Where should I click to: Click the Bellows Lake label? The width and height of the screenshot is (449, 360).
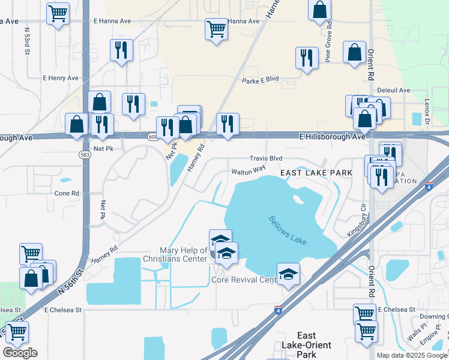pyautogui.click(x=288, y=230)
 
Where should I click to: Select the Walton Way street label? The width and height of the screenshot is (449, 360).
pyautogui.click(x=249, y=170)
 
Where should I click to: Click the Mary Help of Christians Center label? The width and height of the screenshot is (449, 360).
pyautogui.click(x=184, y=254)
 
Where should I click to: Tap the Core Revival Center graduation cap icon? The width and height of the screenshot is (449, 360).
pyautogui.click(x=289, y=275)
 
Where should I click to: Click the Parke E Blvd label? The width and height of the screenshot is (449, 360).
pyautogui.click(x=261, y=79)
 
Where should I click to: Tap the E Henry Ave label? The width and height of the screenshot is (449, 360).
pyautogui.click(x=61, y=78)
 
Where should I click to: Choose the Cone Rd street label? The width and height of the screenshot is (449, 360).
pyautogui.click(x=67, y=193)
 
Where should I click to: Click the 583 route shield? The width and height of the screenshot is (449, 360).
pyautogui.click(x=83, y=154)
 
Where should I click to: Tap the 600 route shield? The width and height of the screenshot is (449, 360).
pyautogui.click(x=152, y=137)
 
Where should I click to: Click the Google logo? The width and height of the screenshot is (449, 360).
pyautogui.click(x=20, y=353)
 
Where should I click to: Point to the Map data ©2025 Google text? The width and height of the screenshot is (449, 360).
pyautogui.click(x=412, y=355)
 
